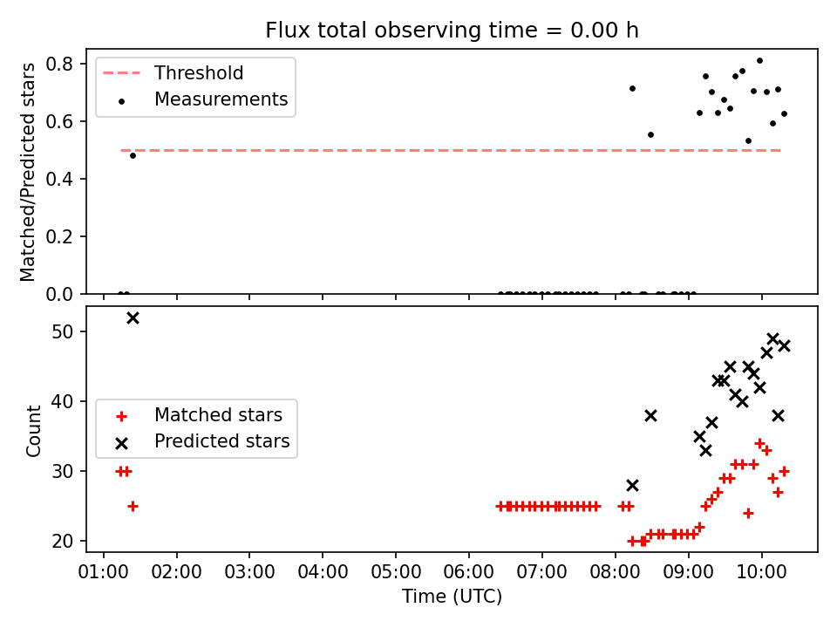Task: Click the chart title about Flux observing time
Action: click(453, 30)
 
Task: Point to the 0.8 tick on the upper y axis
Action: click(59, 64)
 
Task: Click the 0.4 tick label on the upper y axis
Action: click(59, 179)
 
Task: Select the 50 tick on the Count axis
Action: click(63, 331)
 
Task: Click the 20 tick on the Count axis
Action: click(63, 541)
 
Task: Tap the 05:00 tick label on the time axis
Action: click(396, 572)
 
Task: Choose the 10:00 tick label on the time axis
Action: click(761, 572)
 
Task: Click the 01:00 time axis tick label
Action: click(104, 572)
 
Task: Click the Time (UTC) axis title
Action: click(453, 597)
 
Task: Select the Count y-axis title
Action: click(33, 431)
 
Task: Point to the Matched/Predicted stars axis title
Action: click(27, 172)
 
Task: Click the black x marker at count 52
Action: click(133, 318)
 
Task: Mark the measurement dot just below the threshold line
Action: click(133, 156)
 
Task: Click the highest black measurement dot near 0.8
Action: click(759, 61)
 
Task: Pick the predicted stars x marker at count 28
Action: click(632, 486)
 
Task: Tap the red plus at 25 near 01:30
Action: click(133, 506)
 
